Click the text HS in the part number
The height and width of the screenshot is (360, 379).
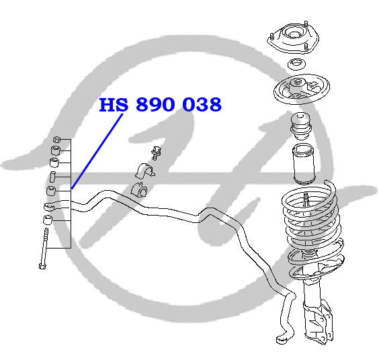pos(114,105)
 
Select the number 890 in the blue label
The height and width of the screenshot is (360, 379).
pos(155,105)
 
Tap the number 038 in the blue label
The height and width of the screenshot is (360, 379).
pos(202,105)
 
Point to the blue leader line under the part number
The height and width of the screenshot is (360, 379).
pos(97,151)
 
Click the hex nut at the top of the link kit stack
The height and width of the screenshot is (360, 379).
pos(56,140)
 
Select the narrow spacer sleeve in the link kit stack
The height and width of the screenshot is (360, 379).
pos(52,177)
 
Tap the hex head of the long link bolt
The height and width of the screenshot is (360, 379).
pos(42,266)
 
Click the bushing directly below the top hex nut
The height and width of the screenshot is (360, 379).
pos(56,150)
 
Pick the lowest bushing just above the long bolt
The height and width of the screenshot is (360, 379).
pos(48,220)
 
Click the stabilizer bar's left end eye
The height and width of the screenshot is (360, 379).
pos(50,207)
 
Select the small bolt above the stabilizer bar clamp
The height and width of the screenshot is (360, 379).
pos(156,152)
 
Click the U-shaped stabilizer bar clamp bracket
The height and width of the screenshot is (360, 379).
pos(144,171)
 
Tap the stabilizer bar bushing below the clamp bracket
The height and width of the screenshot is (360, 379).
pos(139,189)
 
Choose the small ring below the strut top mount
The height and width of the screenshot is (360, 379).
pos(296,64)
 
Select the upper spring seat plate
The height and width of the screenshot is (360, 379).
pos(302,89)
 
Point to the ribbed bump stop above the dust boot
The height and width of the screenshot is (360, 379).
pos(300,126)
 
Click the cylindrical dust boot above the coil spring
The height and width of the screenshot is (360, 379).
pos(303,164)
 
